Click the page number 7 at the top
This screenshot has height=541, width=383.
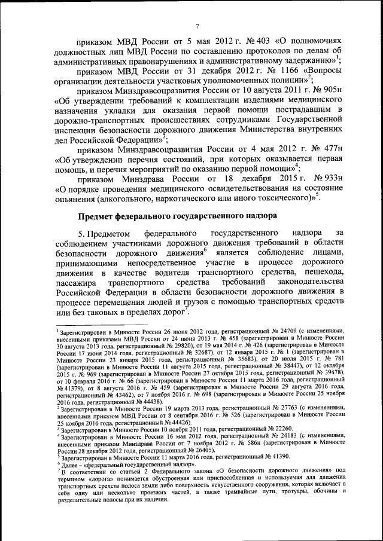196,25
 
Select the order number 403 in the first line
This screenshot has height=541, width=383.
264,41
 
